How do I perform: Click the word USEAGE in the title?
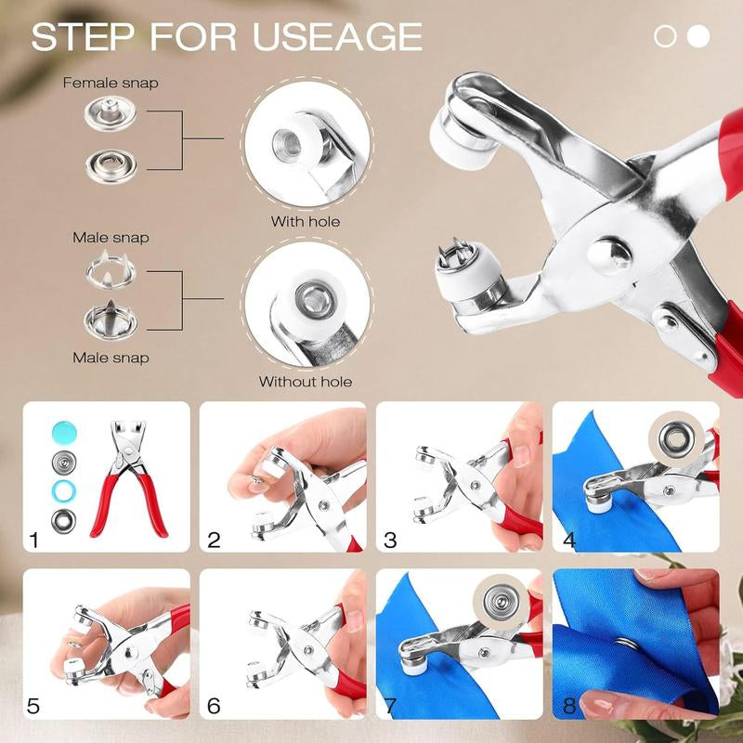pyautogui.click(x=337, y=36)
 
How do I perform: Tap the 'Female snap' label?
pyautogui.click(x=111, y=83)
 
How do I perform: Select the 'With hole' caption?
pyautogui.click(x=306, y=221)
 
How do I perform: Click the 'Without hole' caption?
pyautogui.click(x=306, y=382)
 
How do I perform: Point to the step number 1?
pyautogui.click(x=33, y=540)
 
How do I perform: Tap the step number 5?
pyautogui.click(x=33, y=706)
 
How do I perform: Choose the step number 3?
pyautogui.click(x=390, y=540)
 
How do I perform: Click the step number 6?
pyautogui.click(x=214, y=706)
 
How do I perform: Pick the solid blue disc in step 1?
pyautogui.click(x=64, y=432)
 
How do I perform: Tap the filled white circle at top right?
pyautogui.click(x=698, y=36)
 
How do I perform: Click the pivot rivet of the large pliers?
pyautogui.click(x=609, y=256)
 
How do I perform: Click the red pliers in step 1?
pyautogui.click(x=128, y=478)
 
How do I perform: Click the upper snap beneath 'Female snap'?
pyautogui.click(x=111, y=112)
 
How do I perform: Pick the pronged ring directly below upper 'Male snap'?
pyautogui.click(x=111, y=270)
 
